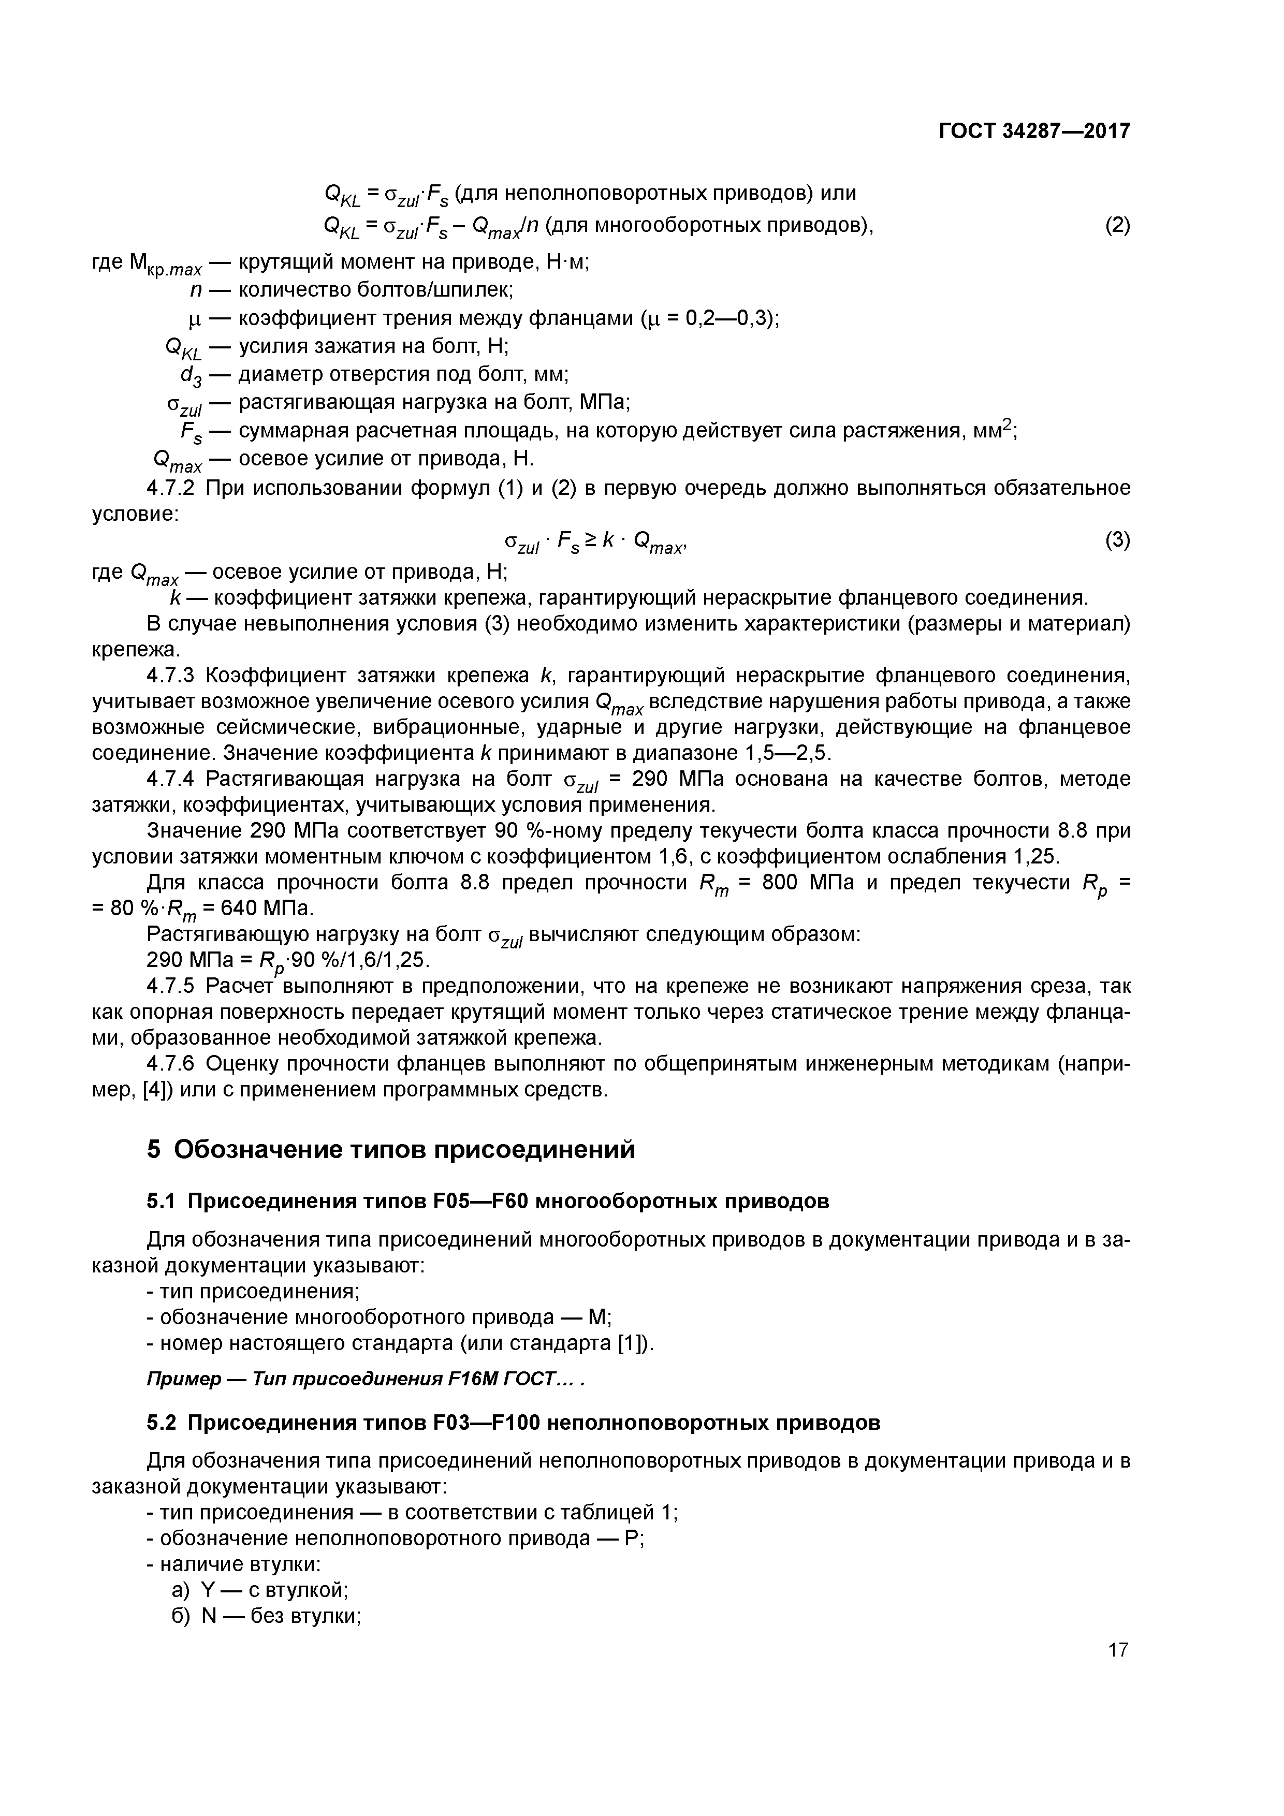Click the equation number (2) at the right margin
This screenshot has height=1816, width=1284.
(x=1117, y=226)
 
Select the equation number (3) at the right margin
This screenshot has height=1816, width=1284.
(x=1117, y=540)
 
